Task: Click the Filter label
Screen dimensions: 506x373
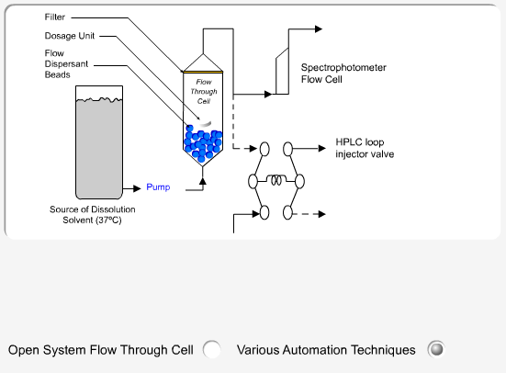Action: (x=55, y=17)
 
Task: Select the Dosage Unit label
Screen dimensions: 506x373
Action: (x=70, y=36)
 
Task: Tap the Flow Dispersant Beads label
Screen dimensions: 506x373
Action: (x=66, y=64)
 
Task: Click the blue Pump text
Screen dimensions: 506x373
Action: (x=158, y=187)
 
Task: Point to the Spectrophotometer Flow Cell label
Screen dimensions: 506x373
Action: (x=343, y=73)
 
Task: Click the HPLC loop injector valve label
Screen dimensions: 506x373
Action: (x=365, y=148)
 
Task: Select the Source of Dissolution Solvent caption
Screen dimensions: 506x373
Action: (x=93, y=215)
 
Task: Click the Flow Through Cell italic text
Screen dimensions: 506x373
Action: (x=204, y=92)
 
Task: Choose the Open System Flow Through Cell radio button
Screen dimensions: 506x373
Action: (x=212, y=349)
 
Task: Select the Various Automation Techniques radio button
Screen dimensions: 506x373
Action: (x=436, y=349)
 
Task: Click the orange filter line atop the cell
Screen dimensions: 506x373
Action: (x=203, y=72)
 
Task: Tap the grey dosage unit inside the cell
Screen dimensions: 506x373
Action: (x=205, y=124)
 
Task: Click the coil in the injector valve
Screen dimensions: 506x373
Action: (x=276, y=180)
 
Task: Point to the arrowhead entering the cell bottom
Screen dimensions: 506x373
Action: (x=203, y=181)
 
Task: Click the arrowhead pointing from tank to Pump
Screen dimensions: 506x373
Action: (x=137, y=188)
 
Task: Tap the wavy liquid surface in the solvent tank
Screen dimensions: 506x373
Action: (x=99, y=100)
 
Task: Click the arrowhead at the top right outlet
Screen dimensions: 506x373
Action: (x=319, y=29)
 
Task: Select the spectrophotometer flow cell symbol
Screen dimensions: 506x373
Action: (x=282, y=71)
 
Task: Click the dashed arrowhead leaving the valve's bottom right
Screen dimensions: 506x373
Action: (x=321, y=214)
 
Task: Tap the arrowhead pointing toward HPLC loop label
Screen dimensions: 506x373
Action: (x=322, y=149)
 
